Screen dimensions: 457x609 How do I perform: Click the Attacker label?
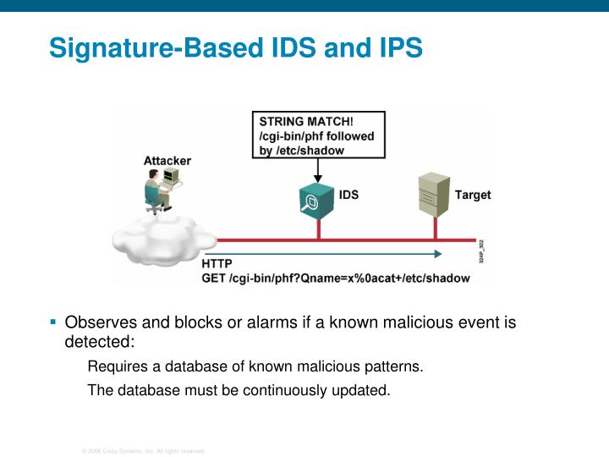click(167, 161)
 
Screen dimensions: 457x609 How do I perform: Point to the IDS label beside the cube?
click(348, 195)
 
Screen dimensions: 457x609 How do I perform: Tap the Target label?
click(473, 195)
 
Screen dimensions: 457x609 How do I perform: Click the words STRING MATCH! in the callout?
click(306, 121)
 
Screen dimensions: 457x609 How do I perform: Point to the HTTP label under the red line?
click(217, 264)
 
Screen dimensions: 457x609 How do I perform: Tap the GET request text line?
click(335, 278)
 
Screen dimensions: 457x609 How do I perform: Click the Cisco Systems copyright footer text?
click(143, 450)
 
